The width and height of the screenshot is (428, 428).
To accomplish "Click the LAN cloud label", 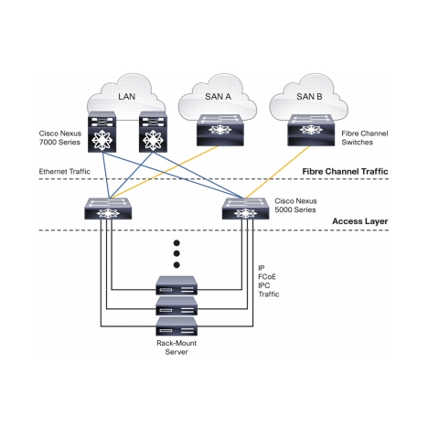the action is (x=126, y=97).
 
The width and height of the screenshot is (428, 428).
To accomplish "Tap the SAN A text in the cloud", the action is (x=218, y=97).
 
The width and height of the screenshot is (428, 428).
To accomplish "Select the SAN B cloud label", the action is (x=309, y=97).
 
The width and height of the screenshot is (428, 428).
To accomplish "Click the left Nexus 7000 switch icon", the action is (x=102, y=132).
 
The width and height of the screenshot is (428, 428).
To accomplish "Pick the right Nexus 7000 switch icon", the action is (x=153, y=132).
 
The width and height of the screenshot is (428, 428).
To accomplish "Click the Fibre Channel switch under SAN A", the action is (x=220, y=130).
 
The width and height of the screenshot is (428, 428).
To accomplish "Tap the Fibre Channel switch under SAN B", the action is (x=311, y=130).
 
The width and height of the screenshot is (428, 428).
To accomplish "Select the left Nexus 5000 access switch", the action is (x=108, y=209).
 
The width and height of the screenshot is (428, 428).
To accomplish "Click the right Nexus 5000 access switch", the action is (x=246, y=209).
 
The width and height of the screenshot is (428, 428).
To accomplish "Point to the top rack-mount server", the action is (x=177, y=285).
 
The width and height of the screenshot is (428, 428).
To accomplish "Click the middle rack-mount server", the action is (x=177, y=306).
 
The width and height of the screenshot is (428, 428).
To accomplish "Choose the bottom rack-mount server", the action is (x=177, y=326).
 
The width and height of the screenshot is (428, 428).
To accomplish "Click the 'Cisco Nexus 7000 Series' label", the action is (x=60, y=138).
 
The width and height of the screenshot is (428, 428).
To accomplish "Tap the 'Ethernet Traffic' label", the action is (x=65, y=172).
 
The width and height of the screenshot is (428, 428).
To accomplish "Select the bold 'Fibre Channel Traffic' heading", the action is (x=345, y=172).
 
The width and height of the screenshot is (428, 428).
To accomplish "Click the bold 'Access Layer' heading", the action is (x=360, y=221).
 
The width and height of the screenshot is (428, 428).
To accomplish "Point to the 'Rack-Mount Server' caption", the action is (x=177, y=348).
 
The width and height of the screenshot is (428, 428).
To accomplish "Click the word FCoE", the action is (x=267, y=277).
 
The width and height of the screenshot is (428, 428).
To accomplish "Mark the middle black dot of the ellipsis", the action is (x=177, y=253).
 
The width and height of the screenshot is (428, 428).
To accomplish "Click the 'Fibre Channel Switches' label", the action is (x=365, y=138).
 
